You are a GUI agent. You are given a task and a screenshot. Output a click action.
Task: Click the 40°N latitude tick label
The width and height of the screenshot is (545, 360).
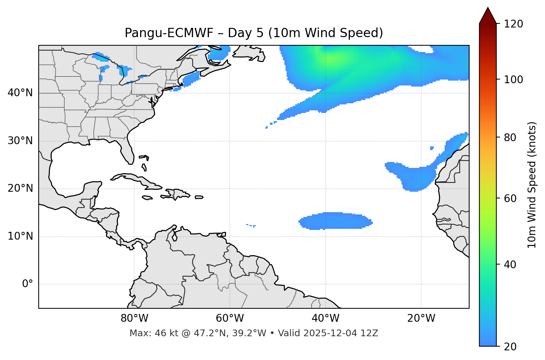(x=20, y=93)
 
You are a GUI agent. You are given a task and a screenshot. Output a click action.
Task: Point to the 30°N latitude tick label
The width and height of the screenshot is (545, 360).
(x=20, y=141)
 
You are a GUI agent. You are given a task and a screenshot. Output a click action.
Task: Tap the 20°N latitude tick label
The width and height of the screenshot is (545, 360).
(x=20, y=188)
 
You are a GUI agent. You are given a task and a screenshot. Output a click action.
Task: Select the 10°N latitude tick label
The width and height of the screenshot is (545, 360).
(x=20, y=236)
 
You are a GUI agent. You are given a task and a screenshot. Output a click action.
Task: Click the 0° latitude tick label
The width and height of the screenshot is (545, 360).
(x=28, y=284)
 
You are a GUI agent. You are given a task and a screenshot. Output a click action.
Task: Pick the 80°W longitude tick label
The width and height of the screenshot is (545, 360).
(x=134, y=318)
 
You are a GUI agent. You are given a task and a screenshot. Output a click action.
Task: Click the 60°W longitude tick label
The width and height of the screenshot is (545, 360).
(x=230, y=318)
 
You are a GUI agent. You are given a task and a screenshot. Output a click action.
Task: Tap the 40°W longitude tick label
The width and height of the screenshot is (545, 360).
(x=325, y=318)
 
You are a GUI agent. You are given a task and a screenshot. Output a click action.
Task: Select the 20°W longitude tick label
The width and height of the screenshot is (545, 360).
(x=421, y=318)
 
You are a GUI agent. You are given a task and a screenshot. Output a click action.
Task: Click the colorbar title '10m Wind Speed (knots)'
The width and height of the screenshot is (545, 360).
(x=532, y=185)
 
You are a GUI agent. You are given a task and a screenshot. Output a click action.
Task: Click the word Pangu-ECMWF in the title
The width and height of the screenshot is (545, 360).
(x=169, y=33)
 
